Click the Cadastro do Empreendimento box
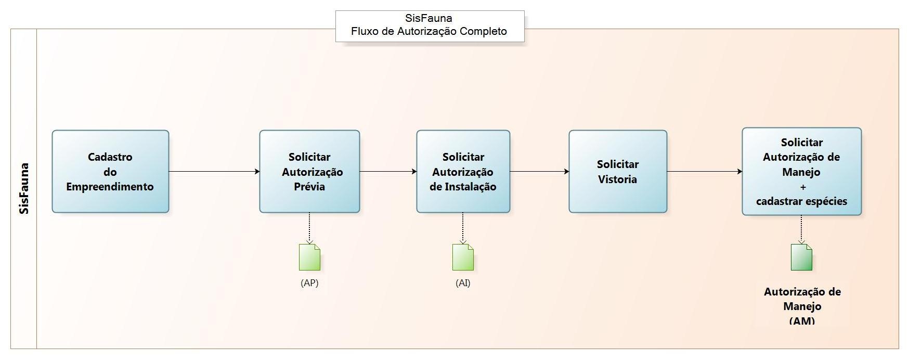pyautogui.click(x=110, y=172)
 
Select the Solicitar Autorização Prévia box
pyautogui.click(x=309, y=172)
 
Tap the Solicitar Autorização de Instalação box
pyautogui.click(x=463, y=172)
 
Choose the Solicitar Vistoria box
pyautogui.click(x=618, y=172)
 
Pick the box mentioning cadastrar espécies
pyautogui.click(x=801, y=172)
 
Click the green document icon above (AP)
pyautogui.click(x=309, y=257)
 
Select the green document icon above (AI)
pyautogui.click(x=463, y=257)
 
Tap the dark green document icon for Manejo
pyautogui.click(x=801, y=257)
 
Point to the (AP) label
pyautogui.click(x=309, y=283)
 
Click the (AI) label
pyautogui.click(x=463, y=283)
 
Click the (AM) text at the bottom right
pyautogui.click(x=802, y=320)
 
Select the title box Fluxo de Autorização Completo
pyautogui.click(x=430, y=26)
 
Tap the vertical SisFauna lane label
pyautogui.click(x=24, y=188)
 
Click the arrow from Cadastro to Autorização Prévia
pyautogui.click(x=214, y=172)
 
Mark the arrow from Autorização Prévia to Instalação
pyautogui.click(x=388, y=172)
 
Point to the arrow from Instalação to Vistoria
pyautogui.click(x=539, y=172)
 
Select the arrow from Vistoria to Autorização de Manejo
pyautogui.click(x=704, y=172)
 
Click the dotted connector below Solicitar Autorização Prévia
pyautogui.click(x=309, y=228)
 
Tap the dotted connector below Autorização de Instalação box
pyautogui.click(x=463, y=228)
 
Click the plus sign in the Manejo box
pyautogui.click(x=802, y=187)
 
